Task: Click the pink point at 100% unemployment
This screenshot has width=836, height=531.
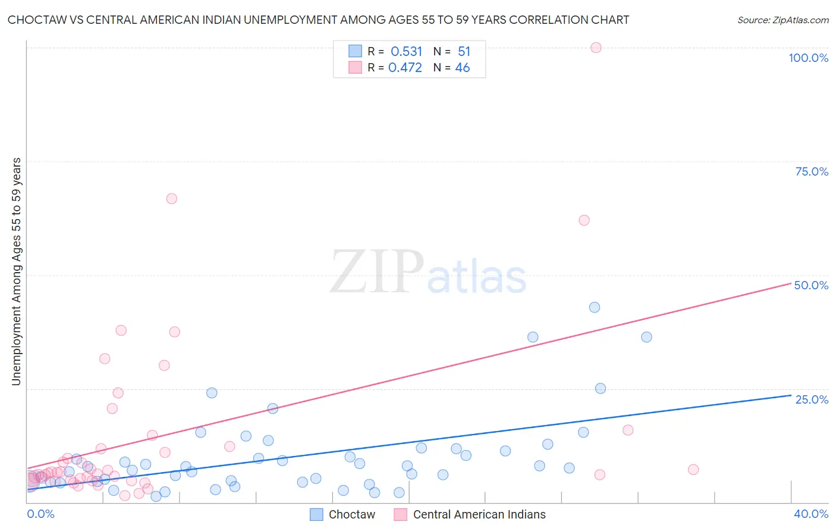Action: point(596,48)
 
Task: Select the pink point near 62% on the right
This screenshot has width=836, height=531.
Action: point(584,220)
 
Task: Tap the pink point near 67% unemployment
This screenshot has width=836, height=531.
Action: point(172,199)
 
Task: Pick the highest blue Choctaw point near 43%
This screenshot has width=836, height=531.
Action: point(595,307)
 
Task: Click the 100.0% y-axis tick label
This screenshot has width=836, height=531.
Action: point(808,58)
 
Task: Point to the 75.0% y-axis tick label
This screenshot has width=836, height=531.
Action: point(812,171)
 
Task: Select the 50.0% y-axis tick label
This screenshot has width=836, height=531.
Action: point(811,285)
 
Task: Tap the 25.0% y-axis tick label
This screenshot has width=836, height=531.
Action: point(812,399)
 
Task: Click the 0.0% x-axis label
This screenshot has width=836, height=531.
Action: point(40,514)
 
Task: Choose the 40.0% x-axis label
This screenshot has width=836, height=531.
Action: point(811,514)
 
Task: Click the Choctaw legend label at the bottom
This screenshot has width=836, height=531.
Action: point(352,514)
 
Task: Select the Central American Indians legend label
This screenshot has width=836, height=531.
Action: point(479,514)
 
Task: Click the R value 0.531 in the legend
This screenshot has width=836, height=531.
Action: point(406,51)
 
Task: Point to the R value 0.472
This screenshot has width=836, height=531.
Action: point(405,68)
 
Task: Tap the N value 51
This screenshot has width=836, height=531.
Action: point(464,51)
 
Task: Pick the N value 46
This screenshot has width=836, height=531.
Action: point(463,68)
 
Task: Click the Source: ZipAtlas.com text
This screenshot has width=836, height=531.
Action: point(782,20)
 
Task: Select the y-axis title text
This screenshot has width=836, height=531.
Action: point(17,271)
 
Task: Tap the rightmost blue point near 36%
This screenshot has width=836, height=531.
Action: point(646,337)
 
